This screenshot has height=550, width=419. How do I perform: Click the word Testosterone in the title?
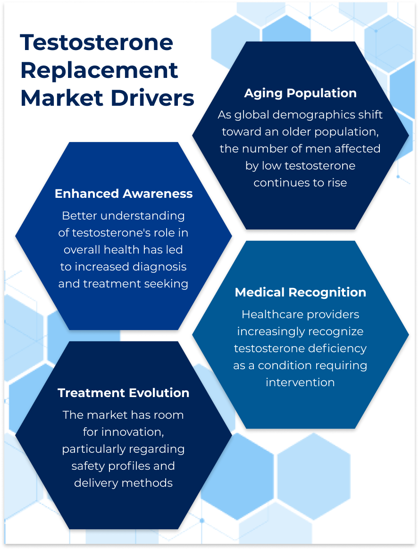(97, 42)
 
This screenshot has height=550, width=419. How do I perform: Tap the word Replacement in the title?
(99, 71)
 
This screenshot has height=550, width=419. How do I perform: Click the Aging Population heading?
(301, 93)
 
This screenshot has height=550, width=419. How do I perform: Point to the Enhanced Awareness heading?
(124, 194)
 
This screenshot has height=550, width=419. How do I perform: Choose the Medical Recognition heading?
(301, 293)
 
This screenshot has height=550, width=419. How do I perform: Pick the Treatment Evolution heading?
(124, 393)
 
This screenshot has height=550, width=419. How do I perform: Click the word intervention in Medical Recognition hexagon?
(300, 383)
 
